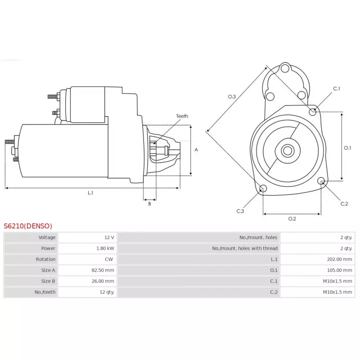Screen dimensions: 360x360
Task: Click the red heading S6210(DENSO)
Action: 28,226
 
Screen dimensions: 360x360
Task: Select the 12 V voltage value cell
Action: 109,237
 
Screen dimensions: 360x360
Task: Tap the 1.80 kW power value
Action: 105,248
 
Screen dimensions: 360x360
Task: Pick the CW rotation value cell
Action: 109,259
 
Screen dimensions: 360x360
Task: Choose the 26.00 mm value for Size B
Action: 103,281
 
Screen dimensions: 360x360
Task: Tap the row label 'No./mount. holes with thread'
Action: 245,248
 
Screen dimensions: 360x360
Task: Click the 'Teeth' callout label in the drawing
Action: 182,116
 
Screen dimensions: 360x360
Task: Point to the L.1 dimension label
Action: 90,193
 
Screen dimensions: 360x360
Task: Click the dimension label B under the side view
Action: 149,204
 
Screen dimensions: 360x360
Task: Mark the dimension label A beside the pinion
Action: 196,150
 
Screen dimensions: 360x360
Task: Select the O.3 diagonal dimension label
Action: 232,96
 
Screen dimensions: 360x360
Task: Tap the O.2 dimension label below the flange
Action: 292,219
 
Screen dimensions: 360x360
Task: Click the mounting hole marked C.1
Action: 313,111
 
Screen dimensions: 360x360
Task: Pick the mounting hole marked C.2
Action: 321,181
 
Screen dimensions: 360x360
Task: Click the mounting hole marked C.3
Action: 264,188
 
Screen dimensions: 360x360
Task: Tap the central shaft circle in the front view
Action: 287,150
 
